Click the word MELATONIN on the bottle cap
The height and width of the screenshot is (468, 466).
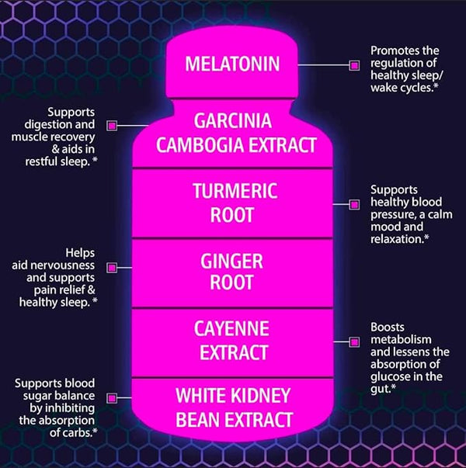tap(232, 64)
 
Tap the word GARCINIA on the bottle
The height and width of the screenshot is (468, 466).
tap(233, 121)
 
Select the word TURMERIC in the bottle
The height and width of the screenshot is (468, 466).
tap(235, 191)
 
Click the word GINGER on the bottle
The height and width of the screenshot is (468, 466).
tap(231, 261)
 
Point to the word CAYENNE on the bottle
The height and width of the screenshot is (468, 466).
tap(231, 328)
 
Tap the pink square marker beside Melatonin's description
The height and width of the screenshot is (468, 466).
tap(354, 65)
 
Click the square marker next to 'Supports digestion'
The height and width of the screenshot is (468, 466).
tap(112, 126)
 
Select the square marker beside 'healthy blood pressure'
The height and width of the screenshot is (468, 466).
tap(354, 204)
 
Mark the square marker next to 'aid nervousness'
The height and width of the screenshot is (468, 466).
tap(112, 268)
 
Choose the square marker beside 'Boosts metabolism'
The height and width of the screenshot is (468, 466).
tap(354, 341)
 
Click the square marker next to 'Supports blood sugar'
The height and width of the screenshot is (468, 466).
tap(112, 398)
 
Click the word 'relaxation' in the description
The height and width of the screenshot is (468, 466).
tap(396, 239)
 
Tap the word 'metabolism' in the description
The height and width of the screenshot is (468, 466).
tap(401, 340)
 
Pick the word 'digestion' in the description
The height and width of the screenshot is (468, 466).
tap(48, 125)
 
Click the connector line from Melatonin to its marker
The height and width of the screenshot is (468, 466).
tap(324, 64)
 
